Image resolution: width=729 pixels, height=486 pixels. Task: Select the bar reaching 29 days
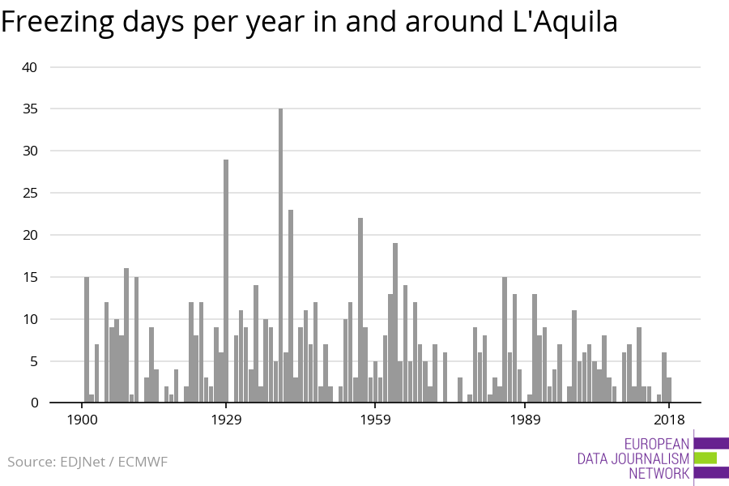tap(226, 280)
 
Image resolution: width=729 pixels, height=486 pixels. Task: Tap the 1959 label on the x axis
tap(375, 419)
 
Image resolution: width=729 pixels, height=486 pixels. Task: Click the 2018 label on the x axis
tap(668, 419)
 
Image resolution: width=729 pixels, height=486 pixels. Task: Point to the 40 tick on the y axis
tap(30, 67)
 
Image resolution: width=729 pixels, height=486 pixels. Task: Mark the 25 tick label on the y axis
tap(30, 194)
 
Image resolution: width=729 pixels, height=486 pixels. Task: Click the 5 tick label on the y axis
tap(33, 361)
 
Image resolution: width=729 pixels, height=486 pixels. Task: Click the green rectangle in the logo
tap(706, 458)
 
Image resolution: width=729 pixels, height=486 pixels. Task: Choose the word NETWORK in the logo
tap(659, 473)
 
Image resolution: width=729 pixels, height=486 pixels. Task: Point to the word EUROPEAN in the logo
tap(657, 444)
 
